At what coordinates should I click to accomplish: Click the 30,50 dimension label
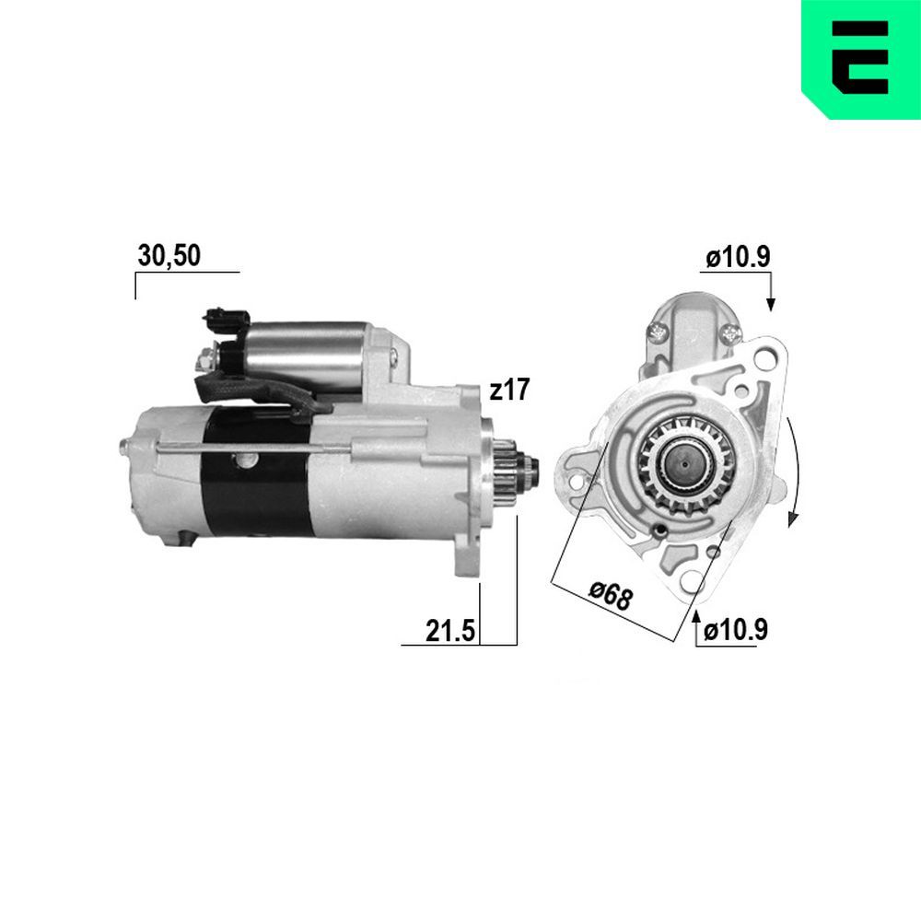point(169,256)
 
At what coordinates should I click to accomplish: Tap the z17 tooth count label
point(509,391)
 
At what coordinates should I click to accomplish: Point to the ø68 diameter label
point(611,597)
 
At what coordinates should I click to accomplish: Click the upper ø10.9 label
point(737,259)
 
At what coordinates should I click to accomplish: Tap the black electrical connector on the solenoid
point(226,320)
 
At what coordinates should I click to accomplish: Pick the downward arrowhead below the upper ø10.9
point(771,303)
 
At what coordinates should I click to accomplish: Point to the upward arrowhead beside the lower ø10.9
point(696,614)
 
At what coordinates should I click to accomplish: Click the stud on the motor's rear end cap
point(123,447)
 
